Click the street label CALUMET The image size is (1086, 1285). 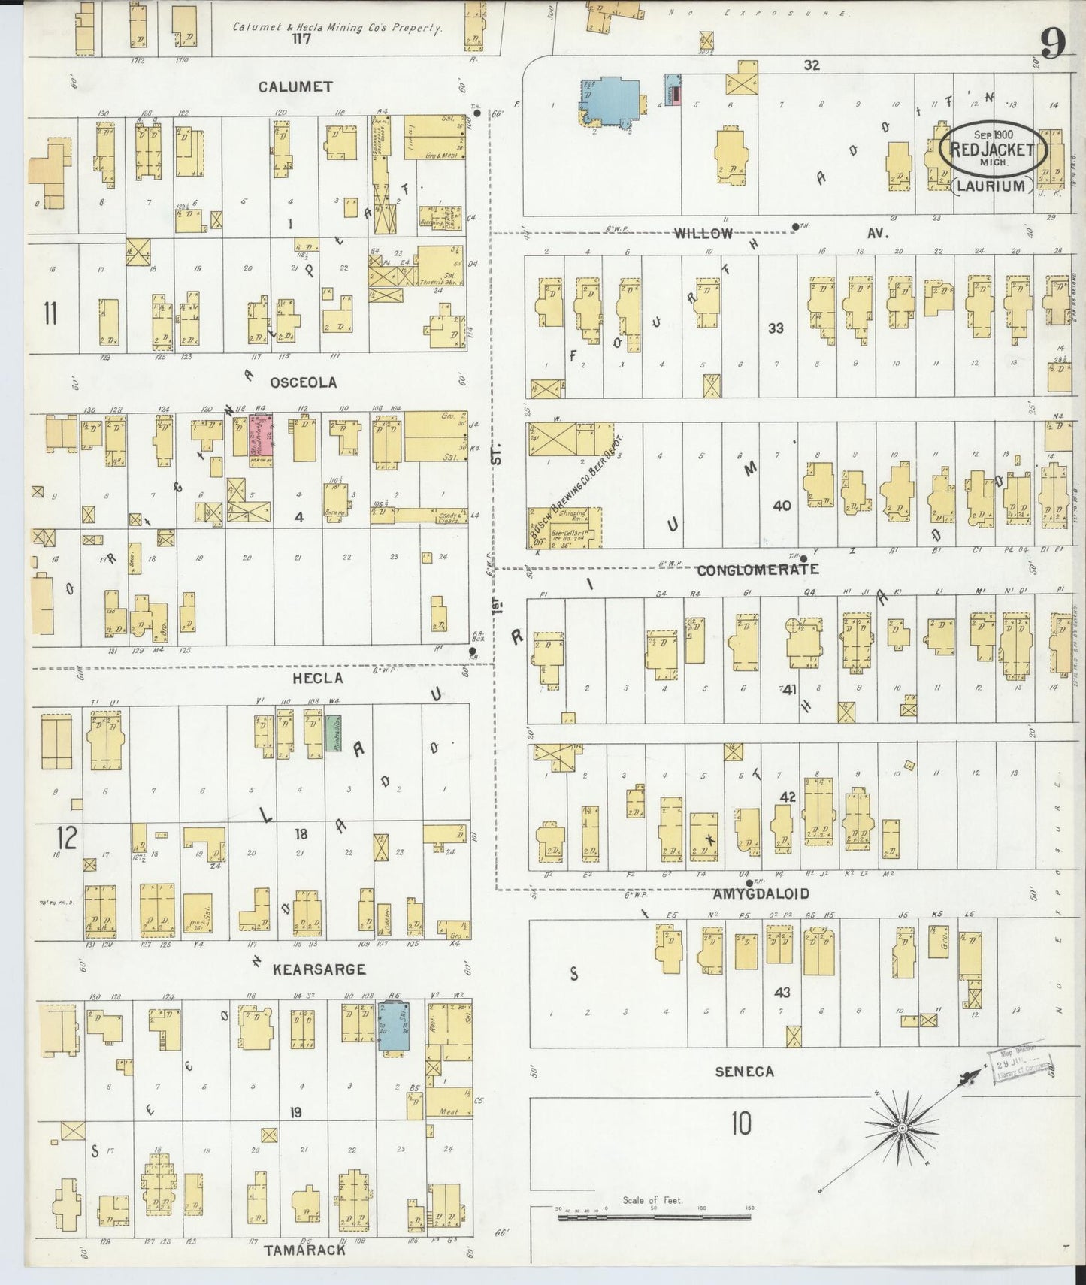point(295,87)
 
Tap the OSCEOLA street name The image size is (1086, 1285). point(303,382)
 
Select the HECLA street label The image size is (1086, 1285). point(318,678)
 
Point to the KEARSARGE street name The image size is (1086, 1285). point(319,969)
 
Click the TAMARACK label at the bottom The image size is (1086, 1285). point(304,1250)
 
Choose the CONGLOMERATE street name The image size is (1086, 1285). point(757,570)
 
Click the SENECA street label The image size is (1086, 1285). point(744,1072)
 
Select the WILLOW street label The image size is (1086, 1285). point(703,234)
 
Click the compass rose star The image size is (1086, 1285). point(902,1129)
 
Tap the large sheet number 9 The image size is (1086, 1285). point(1052,45)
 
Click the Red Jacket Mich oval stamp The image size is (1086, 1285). point(992,148)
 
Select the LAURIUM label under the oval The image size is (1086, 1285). point(992,186)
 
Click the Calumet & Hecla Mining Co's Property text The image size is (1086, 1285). point(336,27)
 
